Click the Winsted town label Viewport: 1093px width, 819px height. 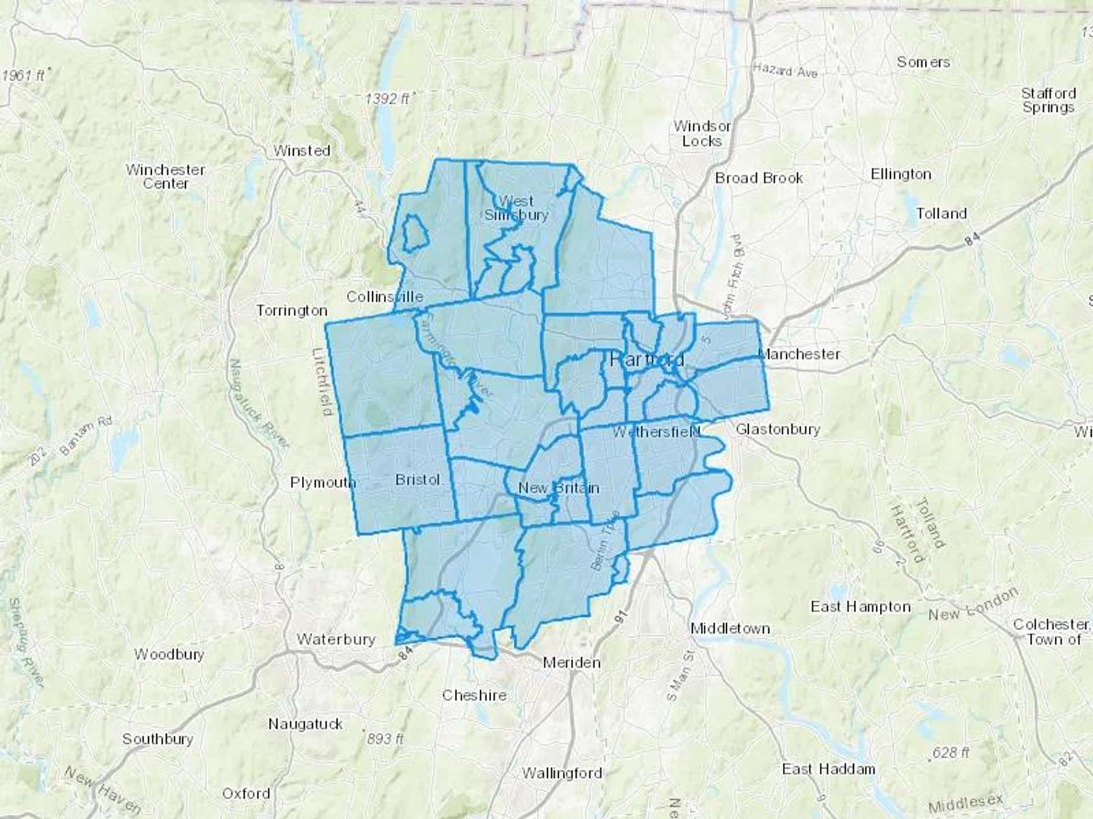[x=302, y=150]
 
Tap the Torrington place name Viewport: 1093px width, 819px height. [x=291, y=311]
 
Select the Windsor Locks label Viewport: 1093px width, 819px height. [x=702, y=133]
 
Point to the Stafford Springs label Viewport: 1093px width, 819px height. [x=1048, y=100]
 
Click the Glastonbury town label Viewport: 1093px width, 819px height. [x=778, y=430]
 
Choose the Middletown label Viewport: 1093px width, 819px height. [x=730, y=629]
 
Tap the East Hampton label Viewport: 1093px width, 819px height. [x=860, y=607]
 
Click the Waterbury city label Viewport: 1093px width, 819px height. [x=336, y=639]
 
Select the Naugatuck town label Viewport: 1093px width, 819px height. [x=305, y=724]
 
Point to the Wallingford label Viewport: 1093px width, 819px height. [x=562, y=773]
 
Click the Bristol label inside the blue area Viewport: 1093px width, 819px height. [x=417, y=479]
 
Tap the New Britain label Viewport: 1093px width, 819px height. [x=559, y=488]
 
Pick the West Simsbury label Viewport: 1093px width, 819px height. [x=516, y=207]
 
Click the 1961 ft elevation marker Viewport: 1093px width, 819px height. [x=24, y=76]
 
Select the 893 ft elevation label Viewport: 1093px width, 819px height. [x=386, y=739]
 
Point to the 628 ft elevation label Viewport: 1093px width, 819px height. [x=951, y=753]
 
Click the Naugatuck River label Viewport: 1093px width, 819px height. [x=258, y=403]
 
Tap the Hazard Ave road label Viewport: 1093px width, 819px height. [x=785, y=70]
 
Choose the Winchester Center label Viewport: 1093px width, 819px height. [x=165, y=176]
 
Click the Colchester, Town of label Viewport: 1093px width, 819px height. [x=1053, y=632]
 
